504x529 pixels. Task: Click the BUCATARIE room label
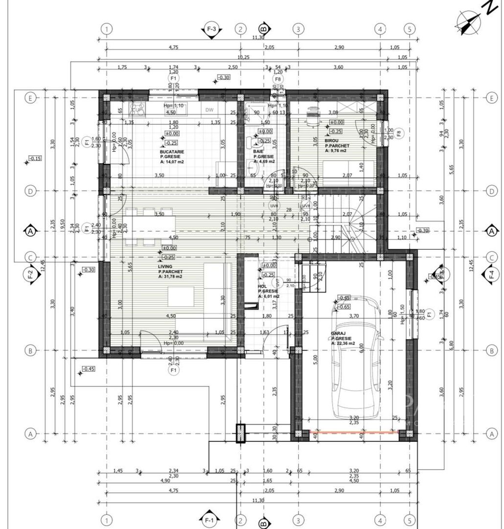click(x=172, y=152)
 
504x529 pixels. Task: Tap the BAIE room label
click(x=258, y=152)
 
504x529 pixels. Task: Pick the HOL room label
click(x=262, y=286)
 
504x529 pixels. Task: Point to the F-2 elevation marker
click(x=30, y=275)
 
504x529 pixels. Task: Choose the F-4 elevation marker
click(x=491, y=275)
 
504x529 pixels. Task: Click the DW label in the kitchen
click(x=209, y=110)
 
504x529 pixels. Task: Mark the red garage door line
click(x=354, y=432)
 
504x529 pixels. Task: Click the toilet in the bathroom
click(x=252, y=142)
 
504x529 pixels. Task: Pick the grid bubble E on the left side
click(x=30, y=98)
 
